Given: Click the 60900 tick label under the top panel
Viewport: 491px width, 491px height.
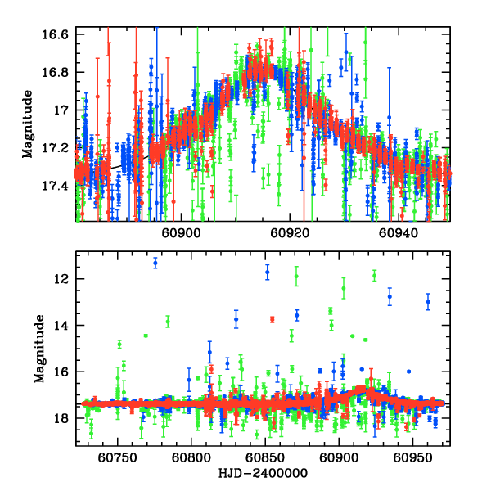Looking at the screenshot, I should (179, 232).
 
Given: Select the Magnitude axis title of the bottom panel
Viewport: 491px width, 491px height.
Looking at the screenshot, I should (38, 350).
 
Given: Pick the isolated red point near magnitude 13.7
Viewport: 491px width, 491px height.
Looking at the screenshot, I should (273, 319).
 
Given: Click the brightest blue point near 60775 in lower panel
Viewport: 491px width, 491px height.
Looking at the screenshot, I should (155, 263).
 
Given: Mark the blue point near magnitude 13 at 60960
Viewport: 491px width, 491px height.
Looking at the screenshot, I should (428, 302).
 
